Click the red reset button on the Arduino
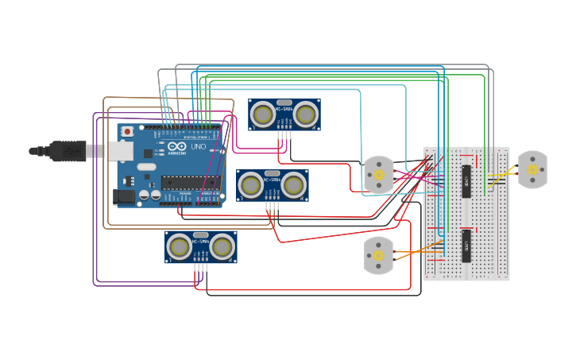[127, 131]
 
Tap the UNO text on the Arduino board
[198, 147]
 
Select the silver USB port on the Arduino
[119, 151]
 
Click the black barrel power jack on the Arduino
[123, 195]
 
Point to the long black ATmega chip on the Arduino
[191, 183]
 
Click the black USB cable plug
[68, 150]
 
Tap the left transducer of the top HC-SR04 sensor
[263, 115]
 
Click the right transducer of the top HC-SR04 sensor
[306, 115]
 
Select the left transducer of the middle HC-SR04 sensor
[251, 185]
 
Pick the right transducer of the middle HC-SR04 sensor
[294, 185]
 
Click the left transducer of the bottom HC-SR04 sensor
[180, 247]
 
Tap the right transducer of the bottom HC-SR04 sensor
[222, 247]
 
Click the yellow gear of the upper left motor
[379, 175]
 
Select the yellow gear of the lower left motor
[378, 255]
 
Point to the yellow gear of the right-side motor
[532, 169]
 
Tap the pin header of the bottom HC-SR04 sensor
[200, 267]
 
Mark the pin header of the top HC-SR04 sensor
[284, 134]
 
